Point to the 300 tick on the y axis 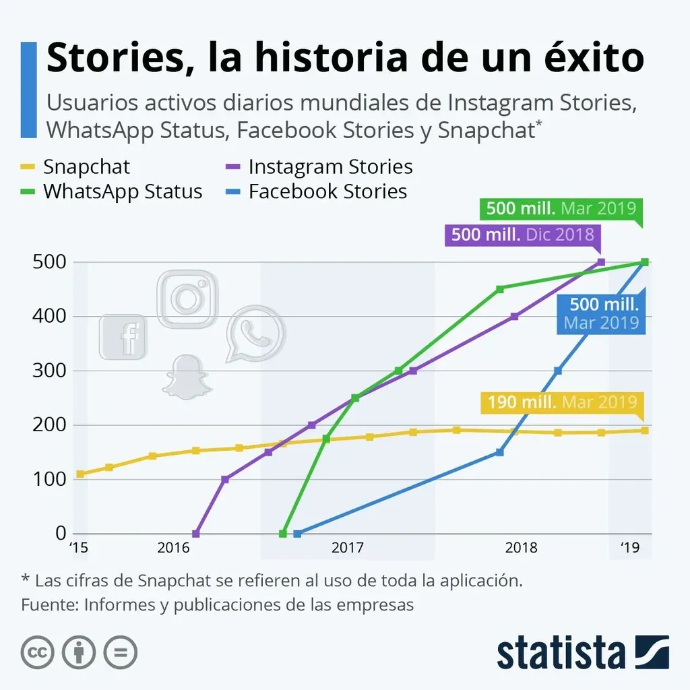pyautogui.click(x=49, y=371)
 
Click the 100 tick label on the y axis pyautogui.click(x=49, y=479)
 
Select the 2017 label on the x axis pyautogui.click(x=348, y=548)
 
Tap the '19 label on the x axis pyautogui.click(x=629, y=548)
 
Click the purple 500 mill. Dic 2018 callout pyautogui.click(x=522, y=234)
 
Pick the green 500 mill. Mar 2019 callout pyautogui.click(x=561, y=208)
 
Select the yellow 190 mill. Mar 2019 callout pyautogui.click(x=561, y=402)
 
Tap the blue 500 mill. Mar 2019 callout pyautogui.click(x=601, y=314)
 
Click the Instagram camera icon pyautogui.click(x=187, y=299)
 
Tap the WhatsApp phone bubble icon pyautogui.click(x=255, y=334)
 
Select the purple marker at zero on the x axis pyautogui.click(x=196, y=534)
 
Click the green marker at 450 pyautogui.click(x=500, y=289)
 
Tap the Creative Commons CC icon pyautogui.click(x=38, y=652)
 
